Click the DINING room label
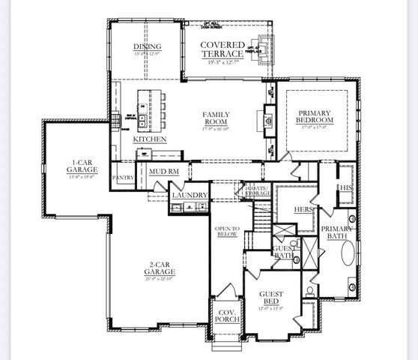coord(147,46)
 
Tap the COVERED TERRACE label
coord(222,49)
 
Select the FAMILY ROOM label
coord(216,119)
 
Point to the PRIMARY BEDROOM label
coord(315,117)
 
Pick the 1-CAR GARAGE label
coord(76,166)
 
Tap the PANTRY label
coord(122,178)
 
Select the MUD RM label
coord(163,172)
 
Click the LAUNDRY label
coord(189,195)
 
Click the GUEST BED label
coord(271,298)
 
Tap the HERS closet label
coord(303,209)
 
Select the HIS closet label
coord(345,187)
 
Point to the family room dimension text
coord(216,128)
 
